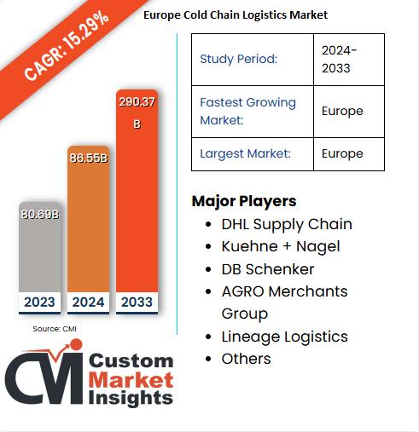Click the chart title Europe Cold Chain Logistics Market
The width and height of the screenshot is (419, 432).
235,14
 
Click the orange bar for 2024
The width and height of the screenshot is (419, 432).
88,226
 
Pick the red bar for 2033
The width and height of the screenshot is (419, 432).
137,204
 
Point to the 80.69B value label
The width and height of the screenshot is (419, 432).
40,214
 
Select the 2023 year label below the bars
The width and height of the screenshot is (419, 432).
40,302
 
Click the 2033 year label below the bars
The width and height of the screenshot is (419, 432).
137,302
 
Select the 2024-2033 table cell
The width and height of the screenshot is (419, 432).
340,59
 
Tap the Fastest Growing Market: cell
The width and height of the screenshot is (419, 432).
247,111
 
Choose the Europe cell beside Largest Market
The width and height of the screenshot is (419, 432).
342,153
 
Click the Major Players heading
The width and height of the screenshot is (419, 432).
244,201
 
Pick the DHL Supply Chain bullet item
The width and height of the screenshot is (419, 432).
286,224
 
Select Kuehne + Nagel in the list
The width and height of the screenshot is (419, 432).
280,246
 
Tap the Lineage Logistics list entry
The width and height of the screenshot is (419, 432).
284,337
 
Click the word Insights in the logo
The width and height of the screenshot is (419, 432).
131,398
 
